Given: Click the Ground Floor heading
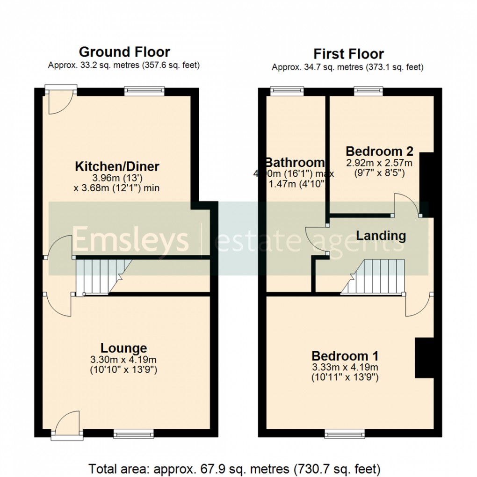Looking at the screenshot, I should [x=124, y=51].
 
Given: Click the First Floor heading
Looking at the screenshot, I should [x=348, y=54].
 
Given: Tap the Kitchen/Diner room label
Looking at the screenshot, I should [x=117, y=166].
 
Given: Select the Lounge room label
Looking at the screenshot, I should [x=123, y=348].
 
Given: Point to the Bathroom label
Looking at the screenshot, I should [x=295, y=162].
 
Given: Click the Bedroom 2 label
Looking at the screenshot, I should [x=379, y=151].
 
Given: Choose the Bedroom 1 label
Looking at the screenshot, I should [x=345, y=355].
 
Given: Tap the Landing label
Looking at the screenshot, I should [x=381, y=236].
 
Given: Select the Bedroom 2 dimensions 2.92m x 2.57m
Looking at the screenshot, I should [x=379, y=163].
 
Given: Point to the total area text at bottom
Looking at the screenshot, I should [x=234, y=468].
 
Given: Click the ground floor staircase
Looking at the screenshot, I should [x=101, y=277].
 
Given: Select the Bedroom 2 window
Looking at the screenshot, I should [x=369, y=90].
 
